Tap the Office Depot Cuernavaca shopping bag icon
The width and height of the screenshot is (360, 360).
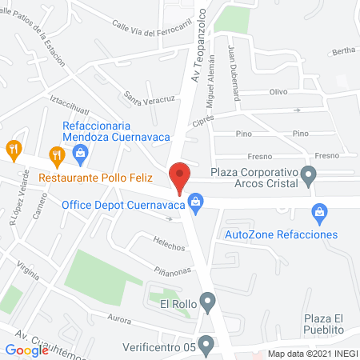click(194, 204)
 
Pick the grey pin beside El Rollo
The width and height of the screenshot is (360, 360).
click(208, 302)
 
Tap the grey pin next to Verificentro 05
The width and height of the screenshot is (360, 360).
click(207, 346)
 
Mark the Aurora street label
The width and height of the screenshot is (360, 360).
click(119, 319)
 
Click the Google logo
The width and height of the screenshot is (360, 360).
click(27, 350)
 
